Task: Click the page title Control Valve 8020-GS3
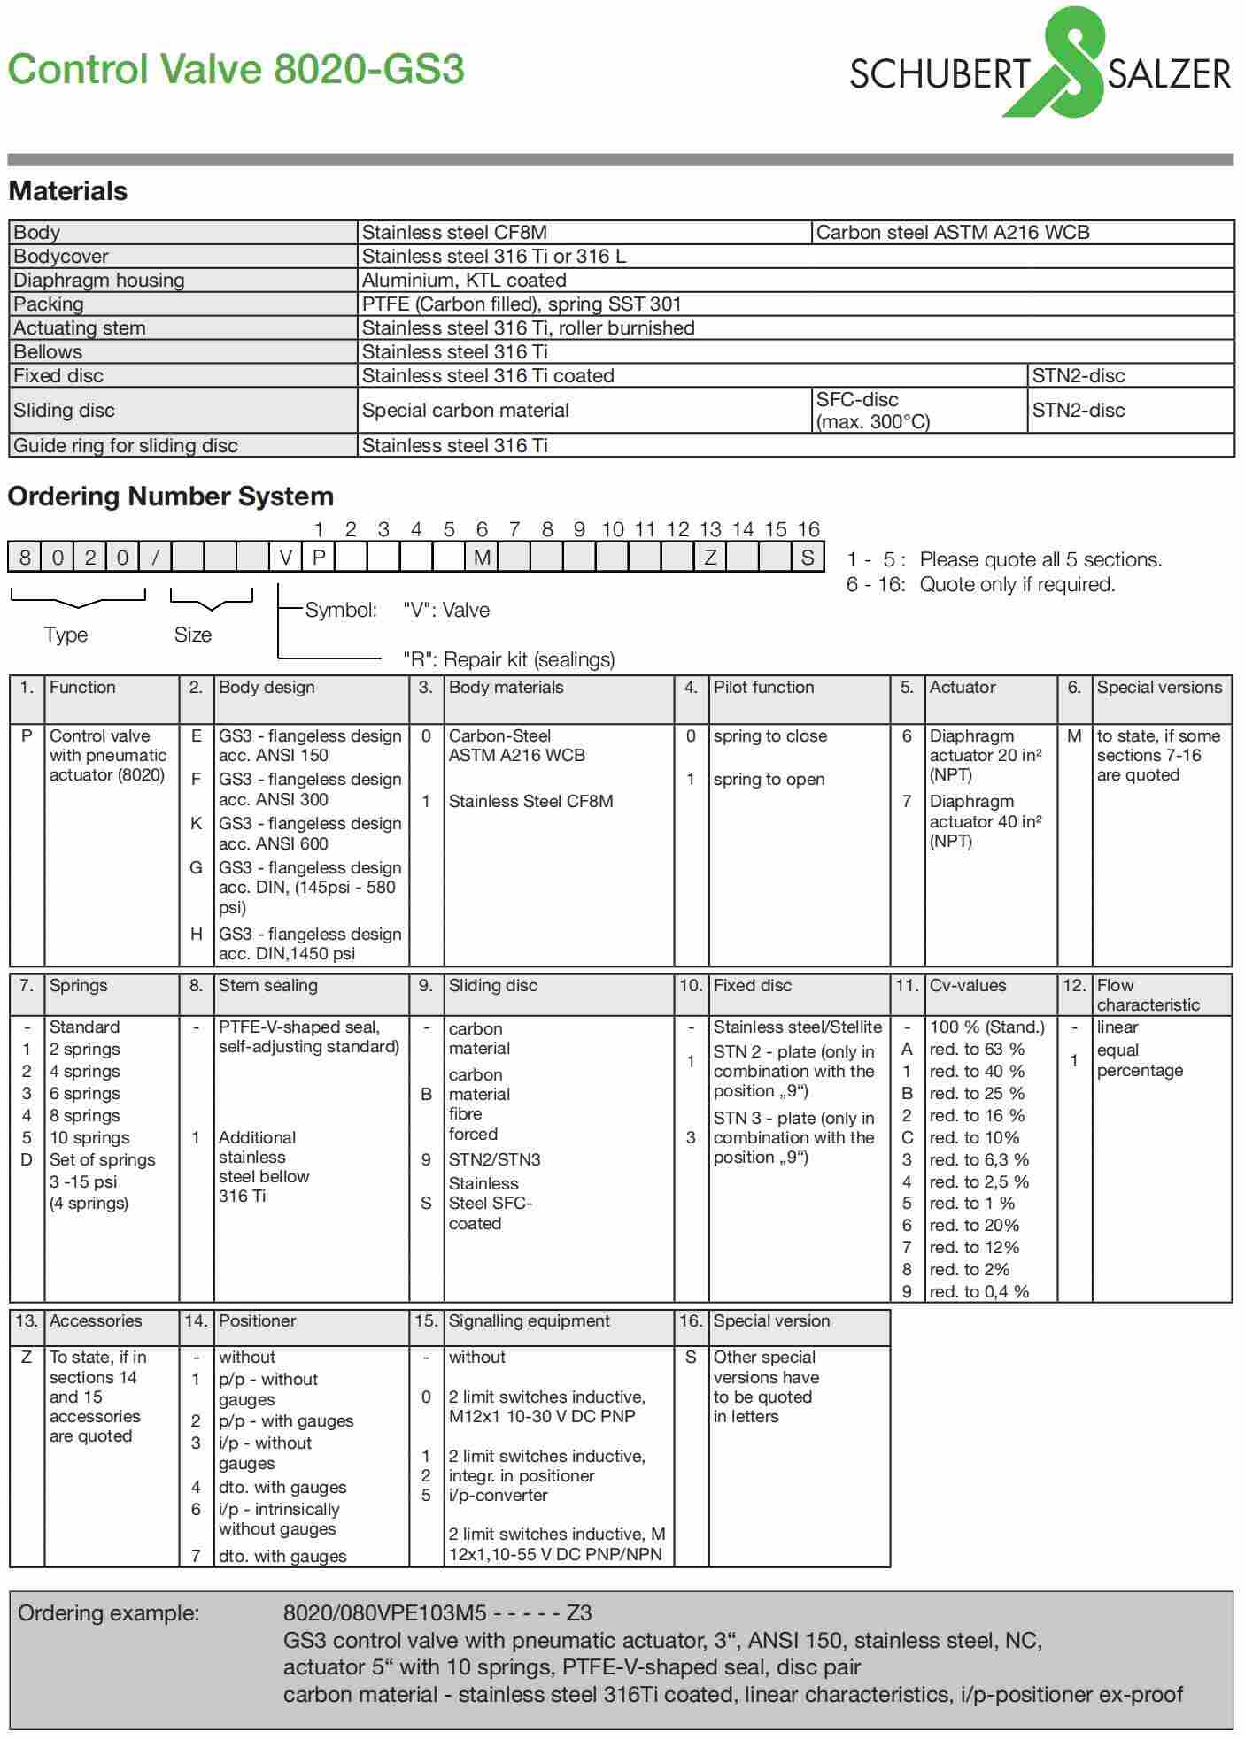click(x=236, y=69)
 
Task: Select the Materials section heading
click(x=67, y=191)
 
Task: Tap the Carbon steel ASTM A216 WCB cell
click(x=952, y=233)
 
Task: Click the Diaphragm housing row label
click(x=98, y=281)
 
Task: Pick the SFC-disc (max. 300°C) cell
click(x=872, y=411)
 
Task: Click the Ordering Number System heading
click(x=170, y=496)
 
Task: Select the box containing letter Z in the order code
click(x=710, y=558)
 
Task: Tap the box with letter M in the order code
click(x=482, y=558)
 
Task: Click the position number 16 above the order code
click(x=808, y=529)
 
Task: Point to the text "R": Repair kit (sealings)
click(x=508, y=659)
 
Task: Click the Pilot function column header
click(x=763, y=688)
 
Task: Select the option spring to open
click(x=769, y=780)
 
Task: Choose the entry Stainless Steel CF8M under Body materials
click(x=530, y=802)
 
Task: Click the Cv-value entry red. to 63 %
click(x=977, y=1050)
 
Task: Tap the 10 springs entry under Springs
click(x=89, y=1138)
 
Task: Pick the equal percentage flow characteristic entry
click(x=1140, y=1060)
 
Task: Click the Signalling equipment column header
click(x=529, y=1321)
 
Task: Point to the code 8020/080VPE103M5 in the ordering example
click(x=385, y=1612)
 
